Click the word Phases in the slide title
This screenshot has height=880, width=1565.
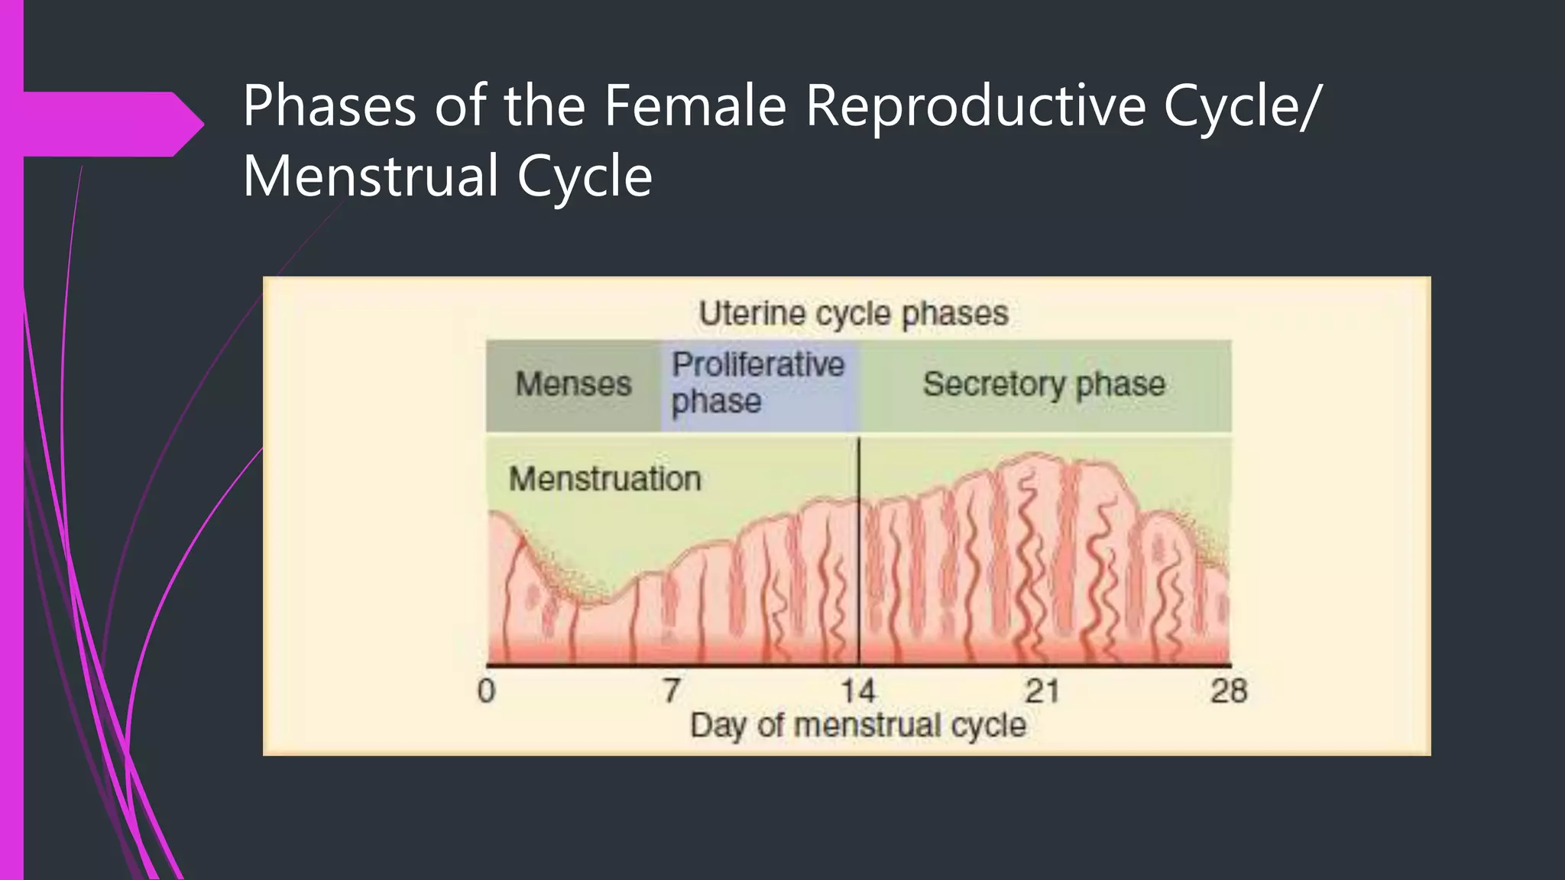click(x=329, y=107)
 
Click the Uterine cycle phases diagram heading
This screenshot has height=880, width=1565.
click(x=853, y=314)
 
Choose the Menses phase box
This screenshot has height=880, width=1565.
click(x=573, y=384)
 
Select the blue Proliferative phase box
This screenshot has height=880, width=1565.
click(x=758, y=383)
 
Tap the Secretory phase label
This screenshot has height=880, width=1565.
click(x=1044, y=384)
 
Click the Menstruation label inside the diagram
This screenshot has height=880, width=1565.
click(x=604, y=480)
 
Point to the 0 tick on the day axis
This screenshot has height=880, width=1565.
click(x=487, y=691)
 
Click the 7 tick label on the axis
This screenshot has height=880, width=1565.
click(x=671, y=691)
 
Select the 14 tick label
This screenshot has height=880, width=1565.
click(x=857, y=691)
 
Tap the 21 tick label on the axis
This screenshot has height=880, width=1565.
click(x=1042, y=691)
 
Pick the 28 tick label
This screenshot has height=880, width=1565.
click(x=1228, y=691)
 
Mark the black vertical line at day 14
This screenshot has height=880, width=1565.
click(x=859, y=550)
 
